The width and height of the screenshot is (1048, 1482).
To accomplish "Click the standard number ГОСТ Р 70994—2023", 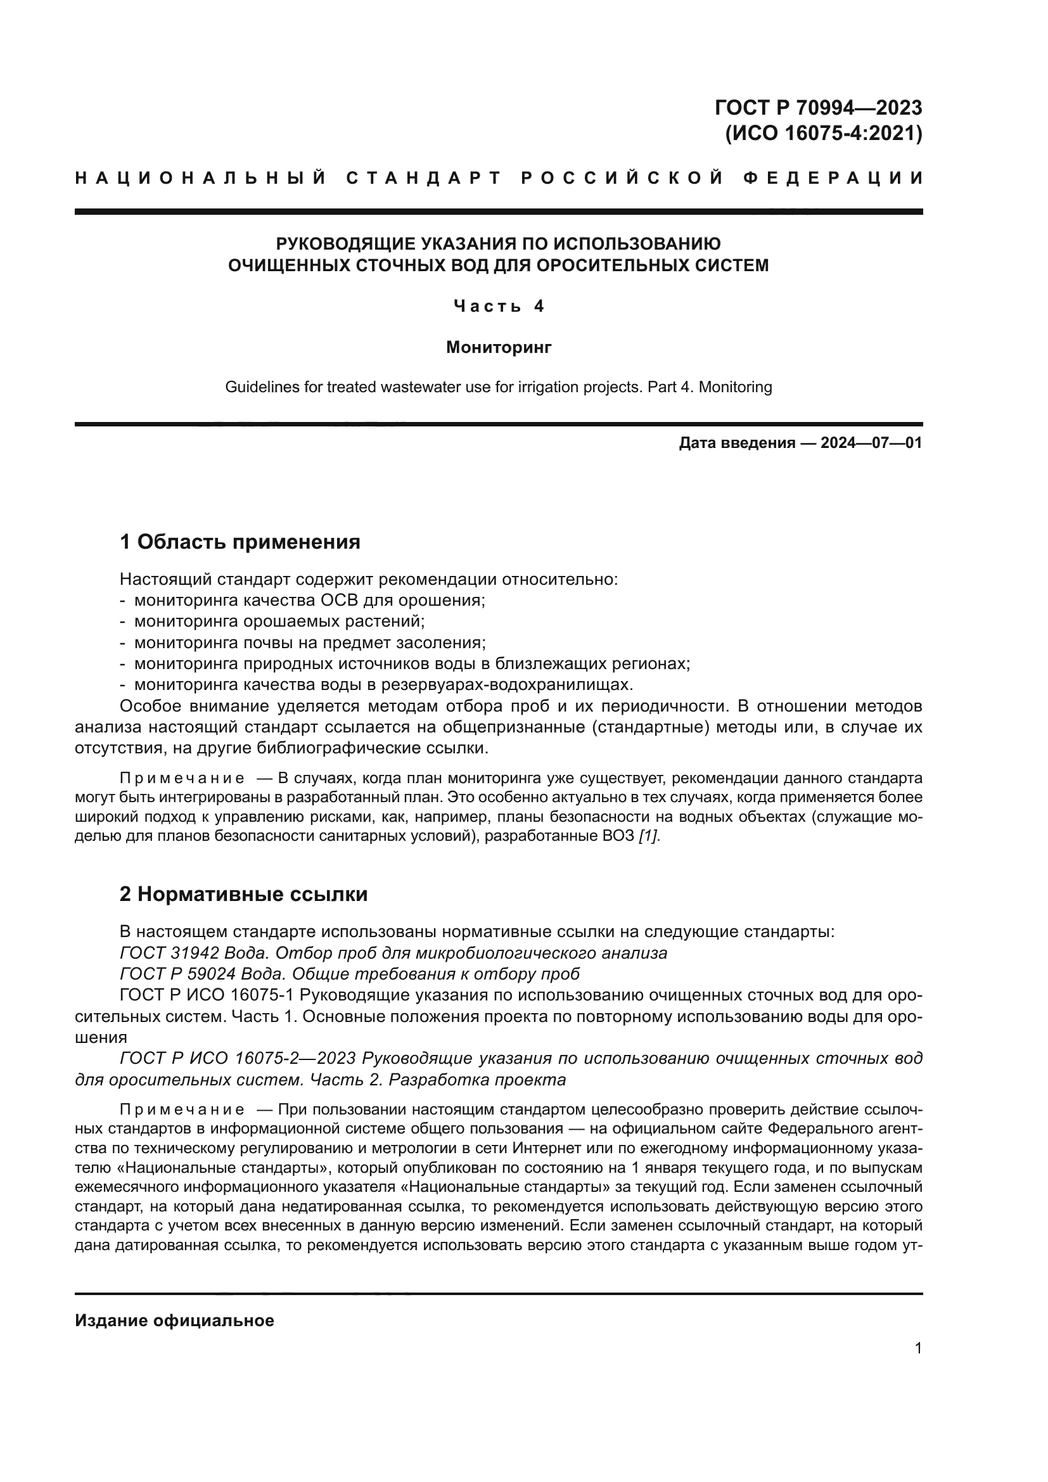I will click(818, 107).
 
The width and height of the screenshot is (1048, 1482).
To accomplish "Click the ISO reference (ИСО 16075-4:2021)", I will click(824, 134).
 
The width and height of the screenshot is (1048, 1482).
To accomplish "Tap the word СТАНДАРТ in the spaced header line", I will click(424, 178).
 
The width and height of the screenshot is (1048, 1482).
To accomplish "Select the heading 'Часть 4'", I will click(499, 306).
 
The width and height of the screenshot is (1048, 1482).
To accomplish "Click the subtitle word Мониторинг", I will click(499, 348).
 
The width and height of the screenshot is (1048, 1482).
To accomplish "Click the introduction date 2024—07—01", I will click(871, 443).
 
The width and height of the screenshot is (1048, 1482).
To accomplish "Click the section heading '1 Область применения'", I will click(240, 542).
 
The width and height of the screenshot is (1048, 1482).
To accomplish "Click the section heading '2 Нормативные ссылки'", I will click(244, 895).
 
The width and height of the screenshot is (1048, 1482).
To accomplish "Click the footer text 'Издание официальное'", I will click(175, 1320).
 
